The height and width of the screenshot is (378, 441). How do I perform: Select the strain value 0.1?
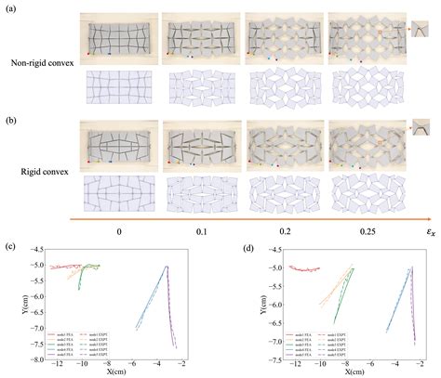pyautogui.click(x=202, y=227)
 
